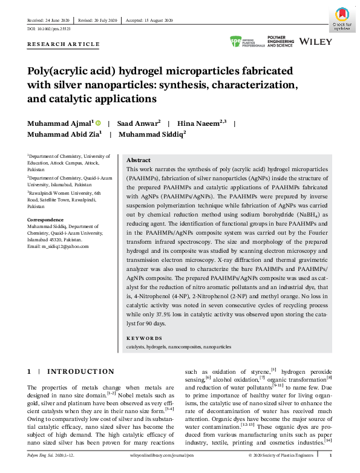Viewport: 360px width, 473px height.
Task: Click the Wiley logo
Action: pyautogui.click(x=315, y=42)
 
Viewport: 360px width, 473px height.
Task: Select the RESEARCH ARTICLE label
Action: pyautogui.click(x=64, y=45)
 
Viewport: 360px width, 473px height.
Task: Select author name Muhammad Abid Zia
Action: pyautogui.click(x=64, y=135)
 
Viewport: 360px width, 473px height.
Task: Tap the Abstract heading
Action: pyautogui.click(x=138, y=160)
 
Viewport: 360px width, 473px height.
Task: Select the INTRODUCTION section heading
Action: pyautogui.click(x=80, y=371)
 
